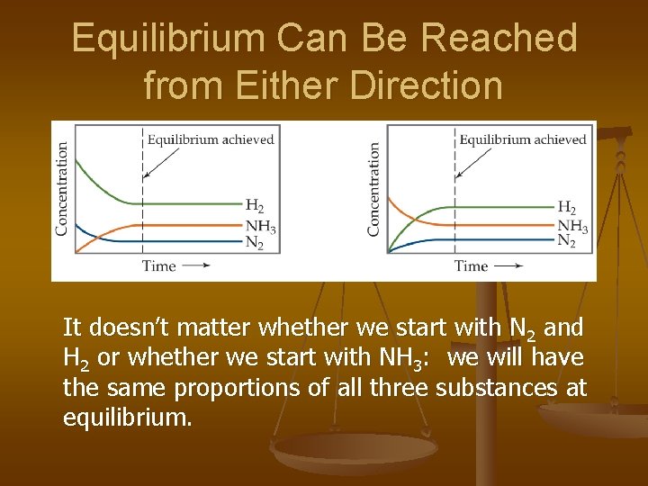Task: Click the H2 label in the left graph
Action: pos(255,206)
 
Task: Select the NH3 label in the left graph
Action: pos(260,225)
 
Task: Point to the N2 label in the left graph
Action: pos(255,242)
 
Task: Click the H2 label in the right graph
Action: pos(567,206)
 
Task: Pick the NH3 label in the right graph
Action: pos(572,225)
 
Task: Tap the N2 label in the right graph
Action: pos(567,241)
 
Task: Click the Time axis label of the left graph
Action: pos(159,265)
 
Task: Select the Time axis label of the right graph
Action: pos(471,265)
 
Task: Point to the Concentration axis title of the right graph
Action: pos(373,188)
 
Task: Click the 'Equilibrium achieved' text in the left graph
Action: pos(211,139)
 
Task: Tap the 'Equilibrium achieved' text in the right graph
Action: pos(523,139)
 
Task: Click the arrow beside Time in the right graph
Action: pos(508,265)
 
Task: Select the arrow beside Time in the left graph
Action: pos(195,265)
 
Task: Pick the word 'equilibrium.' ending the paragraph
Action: pos(128,418)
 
